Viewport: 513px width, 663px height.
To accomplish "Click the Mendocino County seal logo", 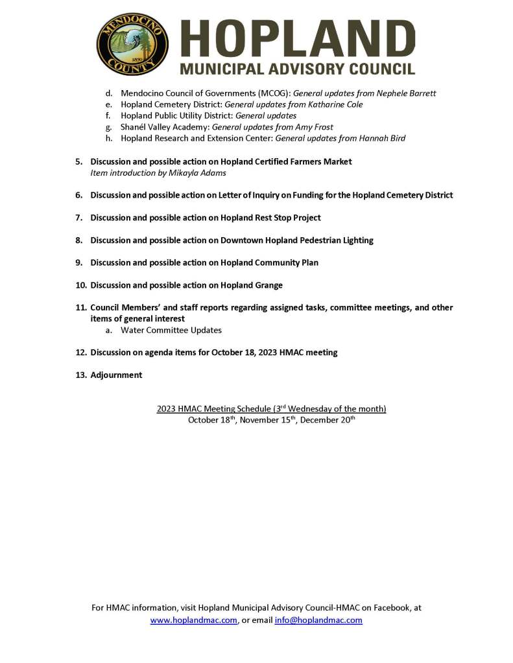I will point(132,44).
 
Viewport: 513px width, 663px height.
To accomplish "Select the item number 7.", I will point(78,218).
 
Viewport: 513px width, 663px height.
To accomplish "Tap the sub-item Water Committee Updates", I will point(171,330).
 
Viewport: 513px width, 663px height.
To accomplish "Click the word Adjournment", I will point(116,375).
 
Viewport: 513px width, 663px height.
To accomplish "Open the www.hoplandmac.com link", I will point(193,620).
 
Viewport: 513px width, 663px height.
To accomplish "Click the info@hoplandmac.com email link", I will point(318,620).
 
